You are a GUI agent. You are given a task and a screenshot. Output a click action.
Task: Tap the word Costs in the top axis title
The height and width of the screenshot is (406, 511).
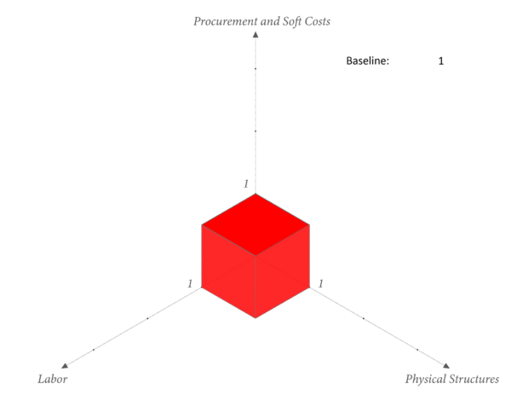coord(317,21)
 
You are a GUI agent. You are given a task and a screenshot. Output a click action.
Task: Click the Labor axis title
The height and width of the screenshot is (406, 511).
coord(53,379)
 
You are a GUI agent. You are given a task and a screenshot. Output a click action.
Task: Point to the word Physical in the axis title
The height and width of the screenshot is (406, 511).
coord(425,380)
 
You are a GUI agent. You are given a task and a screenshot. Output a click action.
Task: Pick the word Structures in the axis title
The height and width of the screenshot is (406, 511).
coord(474,379)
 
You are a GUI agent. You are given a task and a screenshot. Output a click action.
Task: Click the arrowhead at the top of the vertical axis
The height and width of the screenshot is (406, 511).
coord(255,35)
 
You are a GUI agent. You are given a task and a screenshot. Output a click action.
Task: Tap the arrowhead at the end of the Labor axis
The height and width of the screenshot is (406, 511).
coord(65,366)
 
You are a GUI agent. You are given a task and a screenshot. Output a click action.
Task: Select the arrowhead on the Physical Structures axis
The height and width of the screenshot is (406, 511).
coord(446,366)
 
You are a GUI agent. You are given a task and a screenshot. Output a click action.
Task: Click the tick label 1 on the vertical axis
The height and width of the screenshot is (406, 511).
coord(246,183)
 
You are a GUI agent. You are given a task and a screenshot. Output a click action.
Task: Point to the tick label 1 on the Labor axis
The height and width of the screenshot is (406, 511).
coord(190,284)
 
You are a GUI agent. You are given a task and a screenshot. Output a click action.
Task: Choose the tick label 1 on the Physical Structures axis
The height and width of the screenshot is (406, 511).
coord(321,284)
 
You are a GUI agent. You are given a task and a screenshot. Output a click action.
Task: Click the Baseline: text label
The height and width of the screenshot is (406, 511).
coord(368,61)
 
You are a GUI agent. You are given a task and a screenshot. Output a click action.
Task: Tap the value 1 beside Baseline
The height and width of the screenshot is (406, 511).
coord(441,61)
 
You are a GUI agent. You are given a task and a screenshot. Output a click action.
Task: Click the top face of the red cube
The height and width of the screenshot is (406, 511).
coord(255,224)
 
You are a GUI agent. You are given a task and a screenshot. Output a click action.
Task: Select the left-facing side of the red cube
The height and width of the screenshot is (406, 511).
coord(229,271)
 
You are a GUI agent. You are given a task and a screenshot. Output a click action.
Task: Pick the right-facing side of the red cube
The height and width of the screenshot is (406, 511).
coord(282,271)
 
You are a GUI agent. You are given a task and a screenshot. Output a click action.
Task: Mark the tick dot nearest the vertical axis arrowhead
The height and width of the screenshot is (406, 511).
coord(255,69)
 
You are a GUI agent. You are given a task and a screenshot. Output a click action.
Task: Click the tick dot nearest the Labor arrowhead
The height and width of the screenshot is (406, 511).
coord(94,350)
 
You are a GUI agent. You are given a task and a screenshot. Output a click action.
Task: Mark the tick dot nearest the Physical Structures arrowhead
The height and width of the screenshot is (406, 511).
coord(417,350)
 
